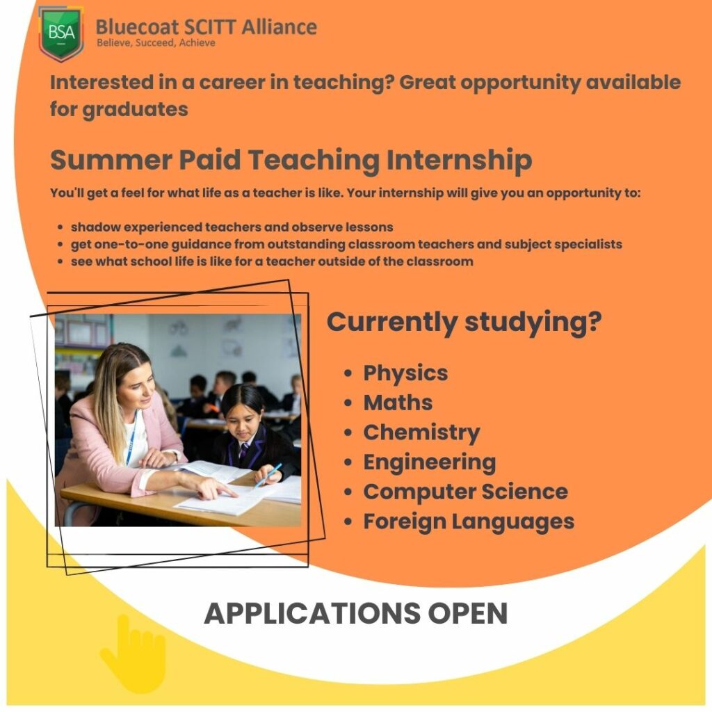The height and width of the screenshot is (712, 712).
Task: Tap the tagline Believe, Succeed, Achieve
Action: coord(156,43)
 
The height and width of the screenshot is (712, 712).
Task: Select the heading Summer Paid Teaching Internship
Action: coord(291,161)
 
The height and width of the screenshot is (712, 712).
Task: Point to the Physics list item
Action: coord(405,373)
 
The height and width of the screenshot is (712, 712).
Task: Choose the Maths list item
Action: coord(398,403)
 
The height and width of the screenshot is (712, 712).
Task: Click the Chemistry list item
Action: coord(421,432)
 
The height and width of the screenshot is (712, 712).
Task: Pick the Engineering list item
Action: coord(429,462)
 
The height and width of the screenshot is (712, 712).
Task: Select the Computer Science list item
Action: coord(465,492)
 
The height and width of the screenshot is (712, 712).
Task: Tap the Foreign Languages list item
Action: coord(469,521)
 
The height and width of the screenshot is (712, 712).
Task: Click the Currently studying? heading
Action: coord(464,322)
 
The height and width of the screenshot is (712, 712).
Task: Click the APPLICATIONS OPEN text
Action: coord(355,613)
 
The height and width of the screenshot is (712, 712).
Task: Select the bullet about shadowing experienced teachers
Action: coord(232,227)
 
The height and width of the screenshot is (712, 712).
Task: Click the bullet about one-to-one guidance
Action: coord(346,245)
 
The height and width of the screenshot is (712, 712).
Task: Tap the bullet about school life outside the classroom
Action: coord(272,262)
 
